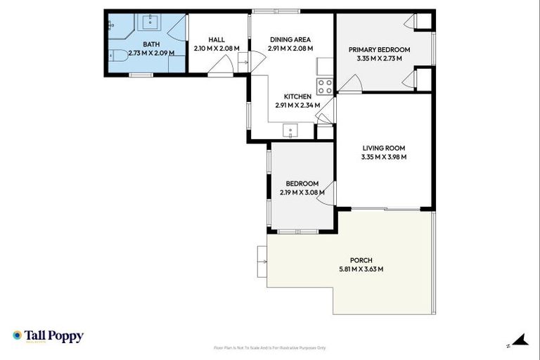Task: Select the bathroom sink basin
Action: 150,22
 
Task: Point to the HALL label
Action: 217,39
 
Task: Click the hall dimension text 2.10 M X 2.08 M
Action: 217,49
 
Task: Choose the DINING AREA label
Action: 291,39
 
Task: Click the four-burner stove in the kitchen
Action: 325,86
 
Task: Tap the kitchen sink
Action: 290,131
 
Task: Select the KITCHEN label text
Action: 297,96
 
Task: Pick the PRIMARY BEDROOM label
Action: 379,49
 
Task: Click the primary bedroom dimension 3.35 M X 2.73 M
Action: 379,58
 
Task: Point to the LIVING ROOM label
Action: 383,148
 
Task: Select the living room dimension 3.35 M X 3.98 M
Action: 383,157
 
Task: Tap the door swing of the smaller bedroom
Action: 326,198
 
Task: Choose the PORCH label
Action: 361,259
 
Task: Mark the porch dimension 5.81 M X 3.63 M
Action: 361,269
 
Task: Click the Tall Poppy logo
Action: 48,336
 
